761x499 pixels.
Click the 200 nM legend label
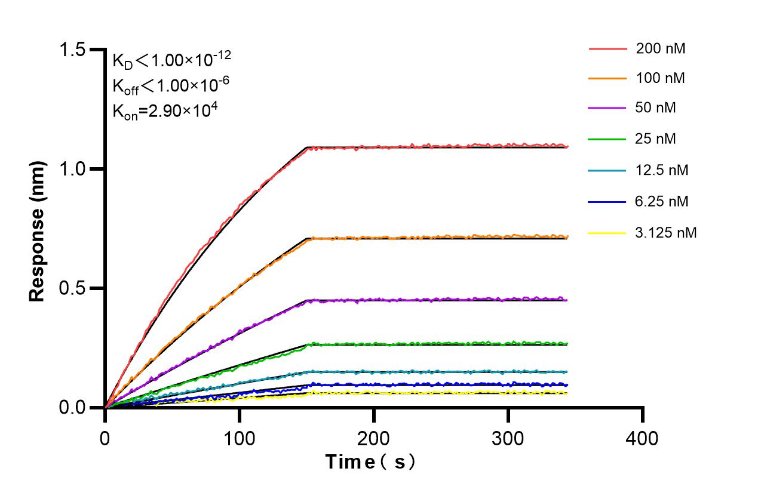coord(661,49)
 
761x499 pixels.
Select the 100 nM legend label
coord(661,78)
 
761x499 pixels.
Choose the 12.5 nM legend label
coord(662,171)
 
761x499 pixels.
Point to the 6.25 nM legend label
coord(662,202)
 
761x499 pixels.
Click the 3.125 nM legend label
coord(665,233)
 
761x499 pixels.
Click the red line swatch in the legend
coord(607,49)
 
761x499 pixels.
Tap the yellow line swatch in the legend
coord(607,233)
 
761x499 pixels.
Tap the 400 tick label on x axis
coord(642,439)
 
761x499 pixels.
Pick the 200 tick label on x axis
coord(373,439)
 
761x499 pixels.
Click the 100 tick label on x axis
coord(239,439)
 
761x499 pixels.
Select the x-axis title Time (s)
coord(370,462)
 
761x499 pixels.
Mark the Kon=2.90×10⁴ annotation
coord(160,110)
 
